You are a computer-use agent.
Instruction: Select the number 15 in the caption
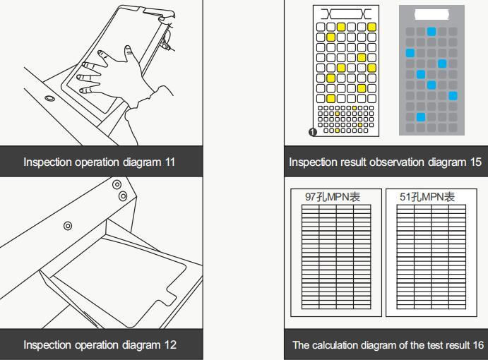(475, 162)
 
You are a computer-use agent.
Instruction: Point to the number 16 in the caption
(477, 345)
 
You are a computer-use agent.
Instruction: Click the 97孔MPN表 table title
(332, 197)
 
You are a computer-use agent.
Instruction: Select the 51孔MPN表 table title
(427, 197)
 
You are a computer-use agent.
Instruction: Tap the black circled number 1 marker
(313, 132)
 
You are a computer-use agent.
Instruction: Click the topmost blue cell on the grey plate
(432, 32)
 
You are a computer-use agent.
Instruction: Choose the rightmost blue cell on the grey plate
(453, 96)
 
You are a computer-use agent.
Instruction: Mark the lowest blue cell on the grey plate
(421, 117)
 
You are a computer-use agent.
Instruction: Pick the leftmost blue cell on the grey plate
(410, 53)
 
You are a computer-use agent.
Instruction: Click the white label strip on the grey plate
(432, 14)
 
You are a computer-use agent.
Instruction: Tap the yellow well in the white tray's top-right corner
(371, 27)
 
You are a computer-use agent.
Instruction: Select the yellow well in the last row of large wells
(331, 98)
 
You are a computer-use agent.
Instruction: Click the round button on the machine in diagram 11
(50, 97)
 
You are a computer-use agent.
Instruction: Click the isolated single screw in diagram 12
(68, 226)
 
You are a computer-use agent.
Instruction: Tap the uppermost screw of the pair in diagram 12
(117, 184)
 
